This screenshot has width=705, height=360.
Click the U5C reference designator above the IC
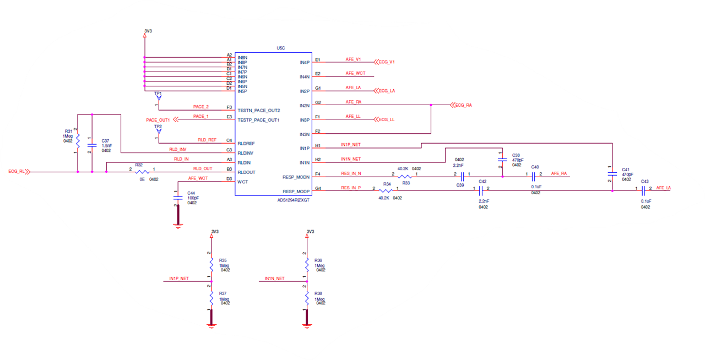(x=280, y=48)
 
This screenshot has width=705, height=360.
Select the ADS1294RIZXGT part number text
(x=294, y=200)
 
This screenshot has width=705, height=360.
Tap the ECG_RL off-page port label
(x=17, y=172)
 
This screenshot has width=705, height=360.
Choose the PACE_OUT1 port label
(x=158, y=119)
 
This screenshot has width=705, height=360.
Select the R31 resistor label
(x=68, y=131)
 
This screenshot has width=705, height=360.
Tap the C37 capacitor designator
(x=105, y=140)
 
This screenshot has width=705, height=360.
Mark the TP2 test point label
(x=158, y=127)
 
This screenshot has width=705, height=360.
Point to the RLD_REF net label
(x=207, y=140)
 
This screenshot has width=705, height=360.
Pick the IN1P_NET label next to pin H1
(x=351, y=144)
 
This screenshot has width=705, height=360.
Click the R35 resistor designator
(x=223, y=260)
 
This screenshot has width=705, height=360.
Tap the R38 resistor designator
(x=318, y=293)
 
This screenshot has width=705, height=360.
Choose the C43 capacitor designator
(x=645, y=182)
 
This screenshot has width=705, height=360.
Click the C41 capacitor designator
(x=625, y=170)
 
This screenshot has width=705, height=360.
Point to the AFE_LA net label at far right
(x=663, y=188)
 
